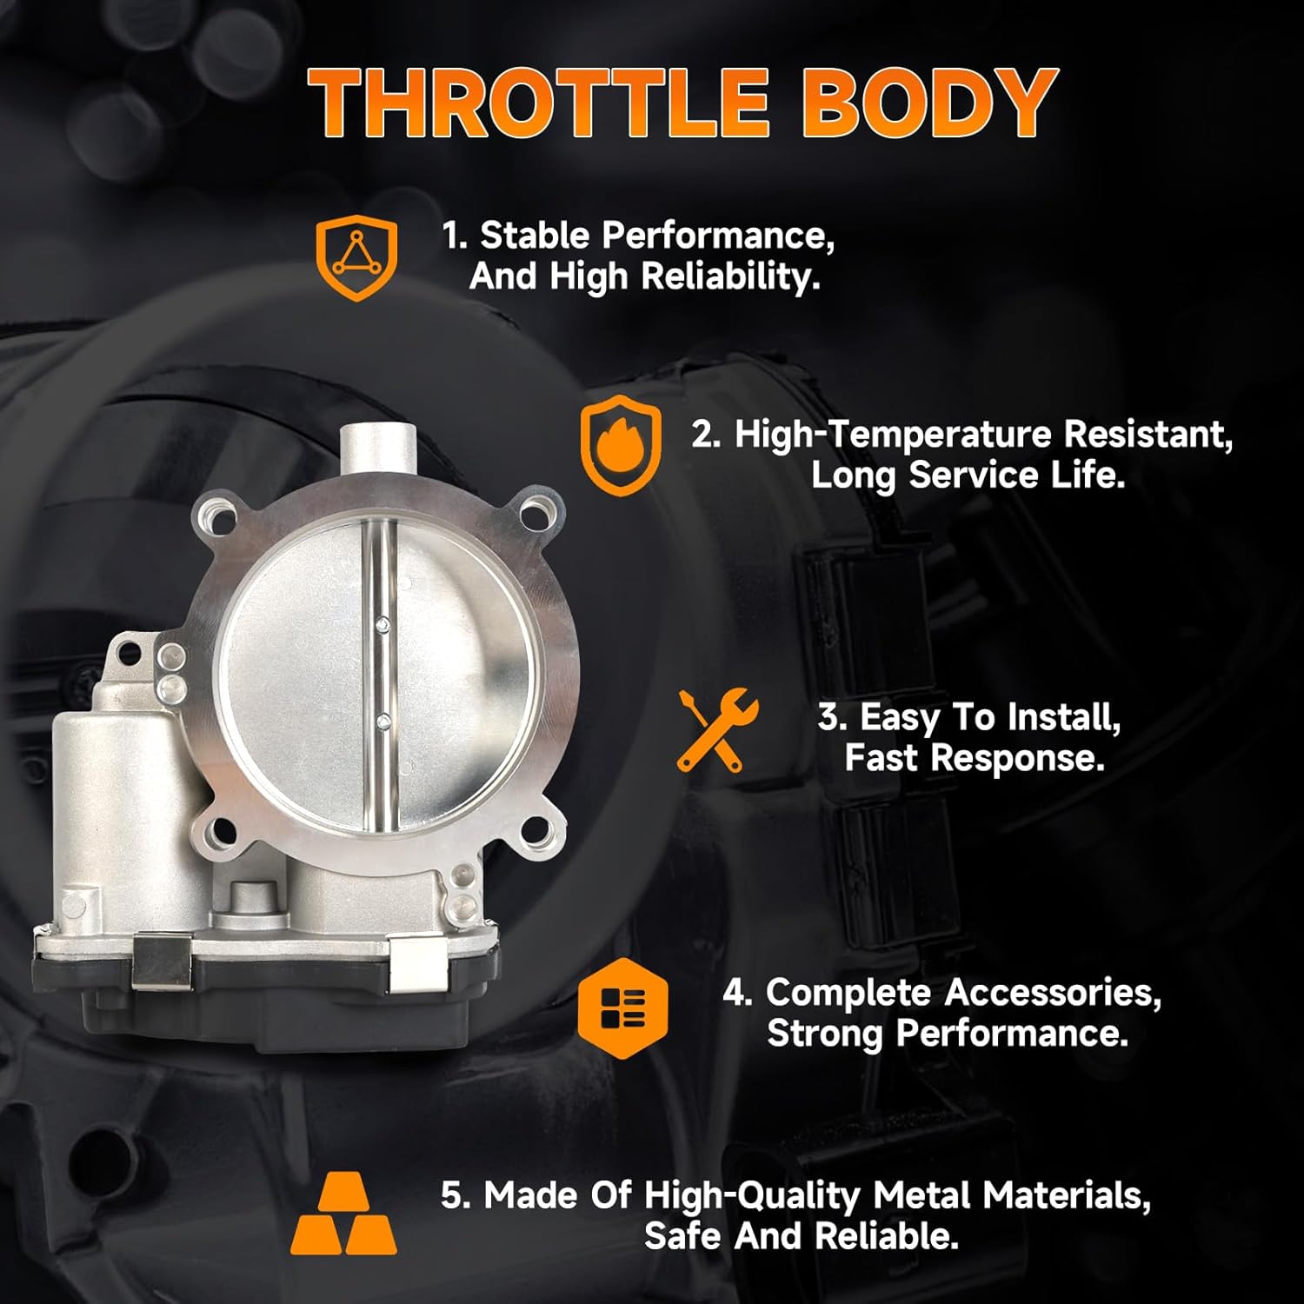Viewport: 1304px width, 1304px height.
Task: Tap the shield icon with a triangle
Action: [x=356, y=258]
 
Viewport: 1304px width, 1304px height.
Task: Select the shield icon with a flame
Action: [x=620, y=444]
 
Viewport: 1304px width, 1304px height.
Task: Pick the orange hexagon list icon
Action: [x=622, y=1008]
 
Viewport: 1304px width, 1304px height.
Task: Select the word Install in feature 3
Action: [x=1062, y=717]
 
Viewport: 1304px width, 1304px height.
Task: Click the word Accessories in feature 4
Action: [x=1052, y=993]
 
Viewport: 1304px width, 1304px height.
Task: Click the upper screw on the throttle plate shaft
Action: [x=382, y=623]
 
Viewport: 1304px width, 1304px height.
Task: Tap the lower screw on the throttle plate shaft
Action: [x=382, y=720]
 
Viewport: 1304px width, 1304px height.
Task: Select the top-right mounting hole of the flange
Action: [x=539, y=510]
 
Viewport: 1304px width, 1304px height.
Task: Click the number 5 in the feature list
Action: [x=452, y=1195]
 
